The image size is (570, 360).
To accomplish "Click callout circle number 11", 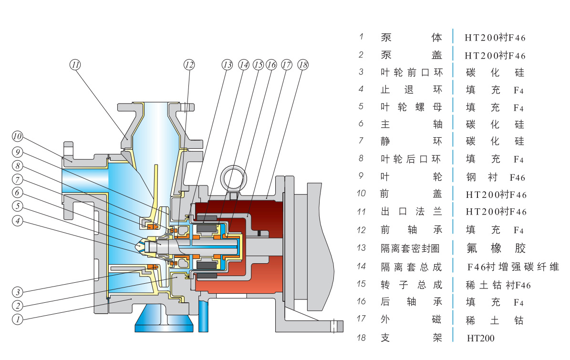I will [x=75, y=64].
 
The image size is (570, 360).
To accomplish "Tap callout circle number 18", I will [x=303, y=64].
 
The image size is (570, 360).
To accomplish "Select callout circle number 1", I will [x=18, y=319].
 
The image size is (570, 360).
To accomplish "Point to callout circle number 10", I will [x=18, y=137].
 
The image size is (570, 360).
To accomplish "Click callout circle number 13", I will [x=227, y=64].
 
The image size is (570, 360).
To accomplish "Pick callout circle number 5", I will [x=18, y=206].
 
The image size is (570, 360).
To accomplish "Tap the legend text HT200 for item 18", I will [x=481, y=338].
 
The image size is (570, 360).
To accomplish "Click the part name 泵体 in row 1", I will [x=412, y=38].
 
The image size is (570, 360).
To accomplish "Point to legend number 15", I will [x=361, y=284].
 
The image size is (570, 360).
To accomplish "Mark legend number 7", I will [x=361, y=141].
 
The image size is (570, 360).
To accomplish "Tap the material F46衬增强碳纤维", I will [x=513, y=267].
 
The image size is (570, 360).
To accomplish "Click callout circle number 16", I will [x=271, y=64].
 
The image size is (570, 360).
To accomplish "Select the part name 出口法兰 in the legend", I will [x=412, y=212].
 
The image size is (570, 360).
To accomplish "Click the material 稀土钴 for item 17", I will [x=495, y=320].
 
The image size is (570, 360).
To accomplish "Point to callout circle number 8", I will [x=18, y=167].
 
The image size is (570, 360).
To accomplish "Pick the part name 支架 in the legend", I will [x=412, y=338].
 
